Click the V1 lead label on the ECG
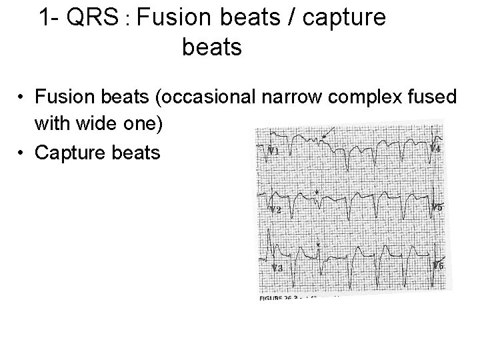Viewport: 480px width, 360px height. [x=273, y=151]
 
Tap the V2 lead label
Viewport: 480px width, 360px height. [x=275, y=210]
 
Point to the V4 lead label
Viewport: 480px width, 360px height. [x=435, y=147]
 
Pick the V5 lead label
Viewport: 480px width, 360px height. [x=436, y=207]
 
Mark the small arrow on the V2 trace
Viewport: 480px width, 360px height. [x=317, y=193]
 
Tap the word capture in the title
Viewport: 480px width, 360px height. [x=343, y=19]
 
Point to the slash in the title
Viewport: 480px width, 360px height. [x=292, y=18]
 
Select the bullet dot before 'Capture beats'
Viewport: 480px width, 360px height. [x=22, y=153]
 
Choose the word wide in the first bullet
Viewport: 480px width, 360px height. [x=101, y=125]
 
